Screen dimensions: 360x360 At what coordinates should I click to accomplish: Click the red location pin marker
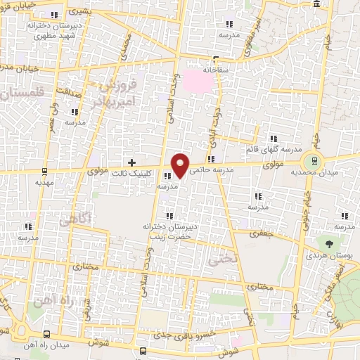click(181, 165)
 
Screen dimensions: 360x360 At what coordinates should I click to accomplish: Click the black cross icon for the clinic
click(131, 162)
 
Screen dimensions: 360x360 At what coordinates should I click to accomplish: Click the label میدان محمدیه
click(334, 172)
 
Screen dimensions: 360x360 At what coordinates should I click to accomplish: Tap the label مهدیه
click(44, 181)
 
